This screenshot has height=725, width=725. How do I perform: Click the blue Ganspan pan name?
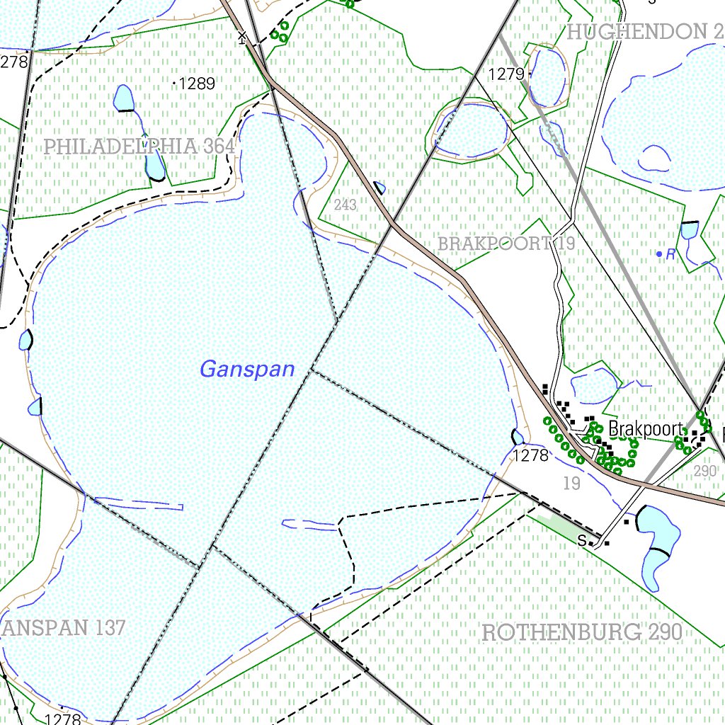[x=247, y=369]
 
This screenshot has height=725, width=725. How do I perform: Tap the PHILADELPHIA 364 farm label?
[x=139, y=147]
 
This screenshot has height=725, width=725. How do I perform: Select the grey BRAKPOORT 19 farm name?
[x=506, y=244]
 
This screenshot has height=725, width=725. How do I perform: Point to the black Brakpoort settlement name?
[x=646, y=429]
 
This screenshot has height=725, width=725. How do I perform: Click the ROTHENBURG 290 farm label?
[x=581, y=632]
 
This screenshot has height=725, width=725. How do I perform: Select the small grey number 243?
[x=345, y=205]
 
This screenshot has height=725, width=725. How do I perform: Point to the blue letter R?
[x=670, y=254]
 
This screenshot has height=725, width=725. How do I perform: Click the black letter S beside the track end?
[x=582, y=541]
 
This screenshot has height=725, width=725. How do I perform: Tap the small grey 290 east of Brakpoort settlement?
[x=705, y=471]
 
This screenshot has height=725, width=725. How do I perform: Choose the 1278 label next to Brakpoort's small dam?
[x=531, y=455]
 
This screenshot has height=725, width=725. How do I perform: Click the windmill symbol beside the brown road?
[x=243, y=37]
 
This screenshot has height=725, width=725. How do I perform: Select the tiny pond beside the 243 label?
[x=379, y=188]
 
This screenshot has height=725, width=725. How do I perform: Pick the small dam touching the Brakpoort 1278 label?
[x=518, y=438]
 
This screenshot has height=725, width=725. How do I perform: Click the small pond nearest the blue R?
[x=689, y=230]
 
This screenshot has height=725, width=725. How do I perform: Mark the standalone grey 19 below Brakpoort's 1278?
[x=571, y=484]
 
